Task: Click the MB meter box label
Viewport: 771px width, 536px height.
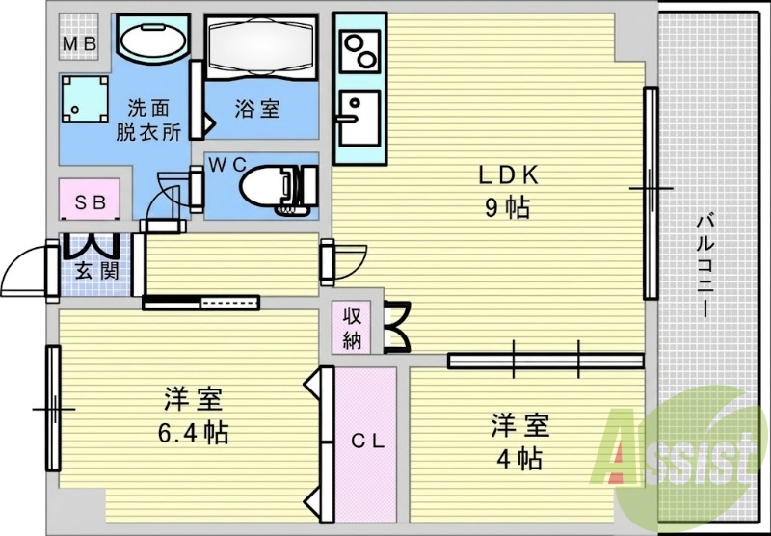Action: point(79,44)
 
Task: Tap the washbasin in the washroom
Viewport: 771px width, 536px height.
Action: point(153,40)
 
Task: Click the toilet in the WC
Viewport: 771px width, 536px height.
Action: point(279,188)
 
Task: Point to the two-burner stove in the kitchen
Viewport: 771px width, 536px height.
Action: point(361,50)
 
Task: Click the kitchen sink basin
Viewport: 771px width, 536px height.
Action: point(359,118)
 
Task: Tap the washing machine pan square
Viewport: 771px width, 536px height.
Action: point(85,99)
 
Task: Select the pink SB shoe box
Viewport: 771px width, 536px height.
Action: point(90,200)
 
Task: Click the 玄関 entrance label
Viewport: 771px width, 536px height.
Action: point(97,271)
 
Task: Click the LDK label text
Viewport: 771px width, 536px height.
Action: point(510,175)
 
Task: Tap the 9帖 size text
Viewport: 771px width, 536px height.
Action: point(508,209)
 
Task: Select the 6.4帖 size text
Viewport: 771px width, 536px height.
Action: point(193,433)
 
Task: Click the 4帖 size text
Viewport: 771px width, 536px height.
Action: point(519,459)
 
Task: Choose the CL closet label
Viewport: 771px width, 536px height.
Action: point(367,442)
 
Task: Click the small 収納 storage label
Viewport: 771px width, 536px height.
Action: point(352,328)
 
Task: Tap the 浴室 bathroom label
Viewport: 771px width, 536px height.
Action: point(257,109)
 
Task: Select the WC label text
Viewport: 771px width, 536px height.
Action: point(227,165)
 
